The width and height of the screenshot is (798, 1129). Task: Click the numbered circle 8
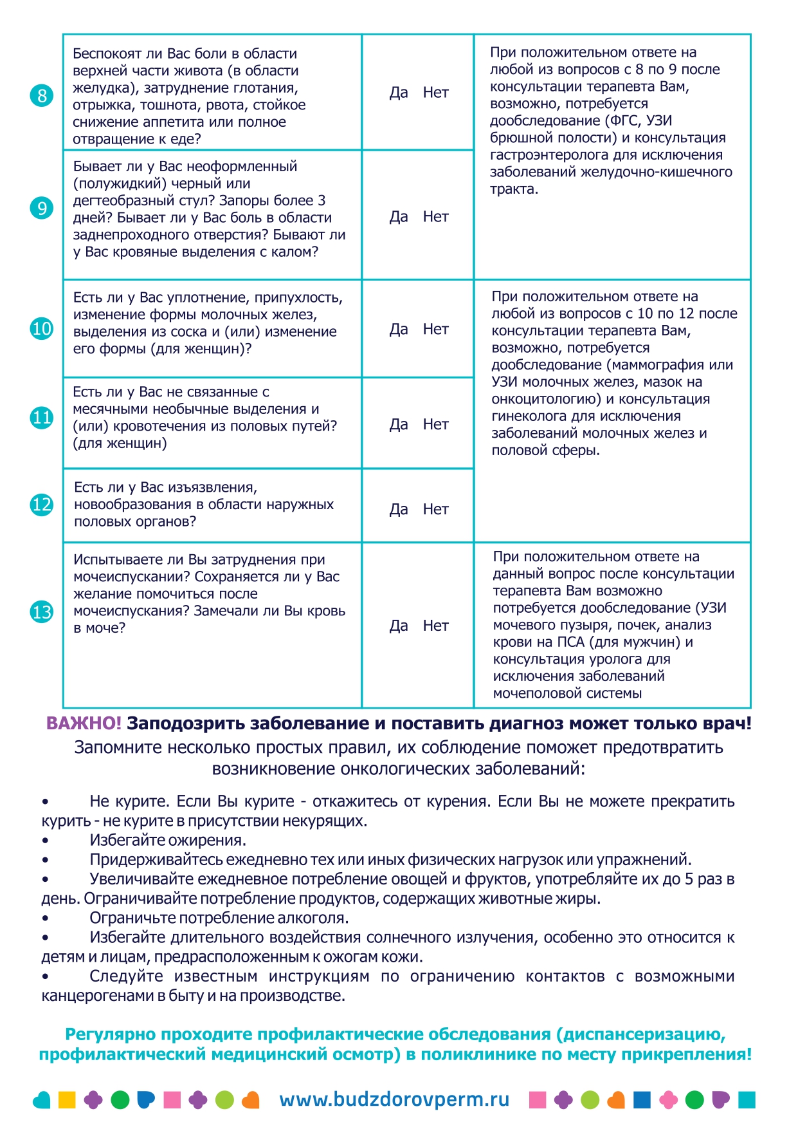42,96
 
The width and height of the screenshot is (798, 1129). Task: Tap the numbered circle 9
42,208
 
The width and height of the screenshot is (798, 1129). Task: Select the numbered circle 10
42,329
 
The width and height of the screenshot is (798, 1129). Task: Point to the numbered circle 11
42,418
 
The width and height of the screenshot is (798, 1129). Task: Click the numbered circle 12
42,504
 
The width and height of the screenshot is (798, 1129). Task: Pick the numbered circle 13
42,611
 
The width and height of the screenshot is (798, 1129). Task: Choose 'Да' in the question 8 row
399,93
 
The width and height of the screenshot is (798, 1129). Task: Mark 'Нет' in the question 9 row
435,217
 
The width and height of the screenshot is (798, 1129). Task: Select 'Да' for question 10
399,330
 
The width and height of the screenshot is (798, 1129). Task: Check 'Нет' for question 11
435,425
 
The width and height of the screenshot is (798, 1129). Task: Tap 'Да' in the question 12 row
399,510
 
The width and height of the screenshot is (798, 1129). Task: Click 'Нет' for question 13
435,626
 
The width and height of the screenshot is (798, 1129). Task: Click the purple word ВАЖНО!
84,723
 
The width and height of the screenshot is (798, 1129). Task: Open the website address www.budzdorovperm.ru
394,1099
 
